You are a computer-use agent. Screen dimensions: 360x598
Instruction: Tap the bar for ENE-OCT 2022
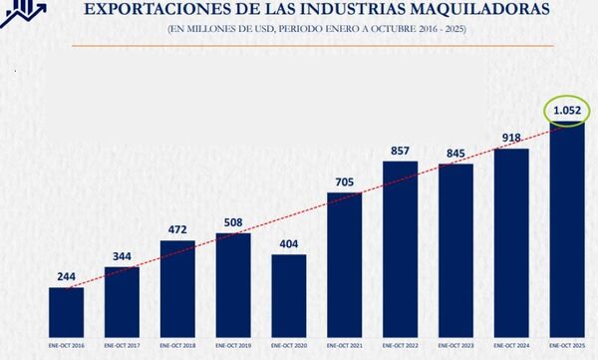(x=401, y=246)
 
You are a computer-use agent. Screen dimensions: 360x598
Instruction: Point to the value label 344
(x=122, y=256)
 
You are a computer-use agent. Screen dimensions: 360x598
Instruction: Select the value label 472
(x=177, y=229)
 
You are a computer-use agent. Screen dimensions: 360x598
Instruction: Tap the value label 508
(x=233, y=222)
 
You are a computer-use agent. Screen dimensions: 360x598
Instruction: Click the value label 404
(x=289, y=243)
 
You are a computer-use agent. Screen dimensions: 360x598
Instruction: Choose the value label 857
(x=401, y=150)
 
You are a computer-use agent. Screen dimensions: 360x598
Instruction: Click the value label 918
(x=512, y=138)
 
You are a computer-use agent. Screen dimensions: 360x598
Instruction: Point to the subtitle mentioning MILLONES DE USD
(x=317, y=30)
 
